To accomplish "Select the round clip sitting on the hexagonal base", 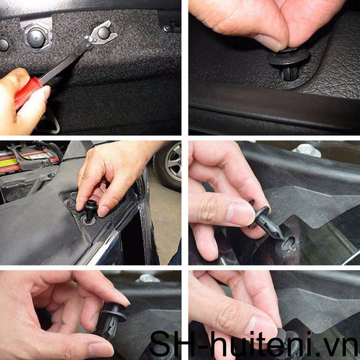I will (36, 36).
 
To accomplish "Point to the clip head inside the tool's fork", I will (103, 33).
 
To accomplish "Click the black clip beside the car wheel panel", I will (91, 207).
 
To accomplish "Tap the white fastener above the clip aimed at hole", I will (306, 150).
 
